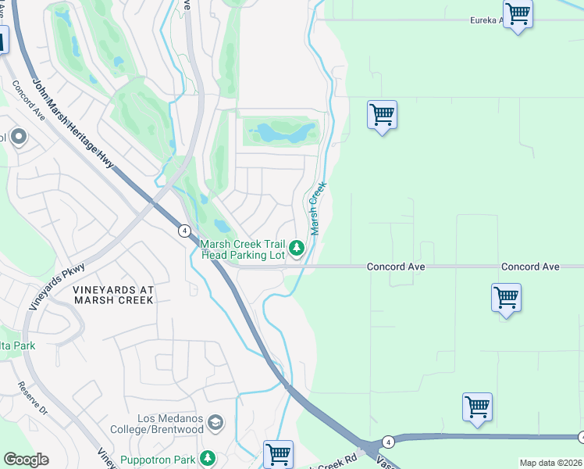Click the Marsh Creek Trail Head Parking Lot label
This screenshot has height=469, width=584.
point(244,249)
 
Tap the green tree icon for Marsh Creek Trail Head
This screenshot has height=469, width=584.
point(297,249)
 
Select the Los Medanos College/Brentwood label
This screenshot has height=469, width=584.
point(170,424)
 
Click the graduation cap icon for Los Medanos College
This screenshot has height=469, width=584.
point(216,424)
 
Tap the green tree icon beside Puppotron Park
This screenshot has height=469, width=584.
point(207,457)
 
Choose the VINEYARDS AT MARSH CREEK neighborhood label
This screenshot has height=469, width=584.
point(114,295)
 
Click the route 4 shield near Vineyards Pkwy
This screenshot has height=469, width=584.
point(183,231)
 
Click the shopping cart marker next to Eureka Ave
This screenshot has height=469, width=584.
point(518,14)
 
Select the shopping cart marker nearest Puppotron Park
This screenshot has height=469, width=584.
point(278,453)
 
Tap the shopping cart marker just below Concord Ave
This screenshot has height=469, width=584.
point(506,298)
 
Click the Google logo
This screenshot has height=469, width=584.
point(26,460)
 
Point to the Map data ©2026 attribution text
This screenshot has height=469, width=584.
point(550,463)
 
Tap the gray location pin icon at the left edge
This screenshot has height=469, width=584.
point(18,138)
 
